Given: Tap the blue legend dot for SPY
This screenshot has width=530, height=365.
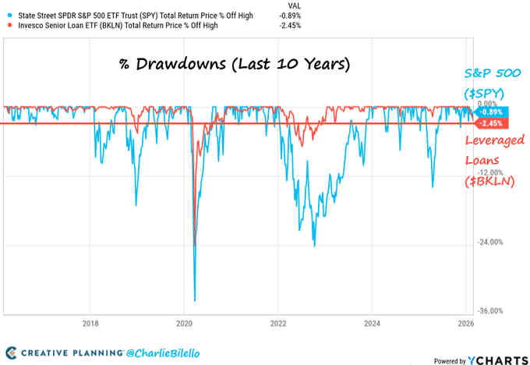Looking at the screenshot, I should (7, 14).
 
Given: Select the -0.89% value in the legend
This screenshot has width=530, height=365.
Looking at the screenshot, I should (290, 14).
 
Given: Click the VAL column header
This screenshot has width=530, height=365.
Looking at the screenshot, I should (285, 4).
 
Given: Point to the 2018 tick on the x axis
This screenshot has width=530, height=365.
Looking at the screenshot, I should (90, 323).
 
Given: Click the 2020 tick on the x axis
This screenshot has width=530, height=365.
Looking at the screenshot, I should (185, 323).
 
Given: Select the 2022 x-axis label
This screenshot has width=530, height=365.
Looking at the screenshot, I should (278, 323).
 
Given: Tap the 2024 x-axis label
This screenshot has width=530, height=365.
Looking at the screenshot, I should (372, 323).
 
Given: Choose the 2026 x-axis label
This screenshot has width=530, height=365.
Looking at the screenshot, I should (465, 323).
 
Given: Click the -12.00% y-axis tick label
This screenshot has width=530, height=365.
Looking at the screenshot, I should (493, 172).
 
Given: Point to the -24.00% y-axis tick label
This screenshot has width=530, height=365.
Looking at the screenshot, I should (493, 242).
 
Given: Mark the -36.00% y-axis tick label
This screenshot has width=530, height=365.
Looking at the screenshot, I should (493, 311).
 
